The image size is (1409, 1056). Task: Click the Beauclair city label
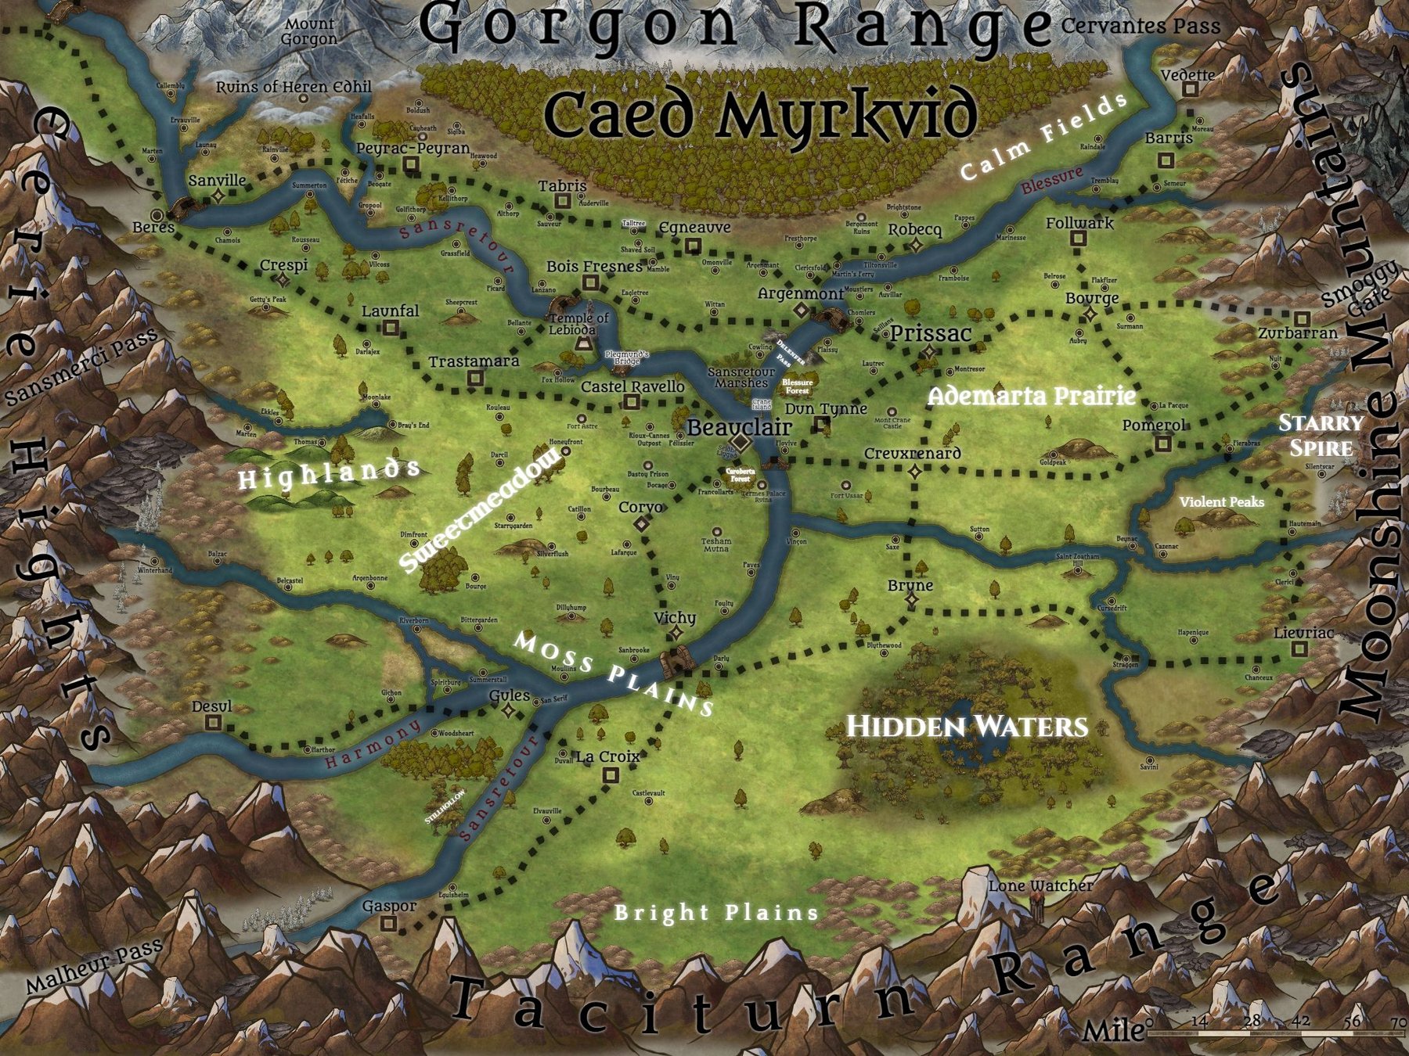[x=739, y=428]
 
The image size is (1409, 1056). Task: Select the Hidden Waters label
[x=967, y=727]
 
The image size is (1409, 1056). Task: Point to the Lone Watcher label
[x=1040, y=886]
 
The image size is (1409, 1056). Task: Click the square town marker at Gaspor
[x=388, y=923]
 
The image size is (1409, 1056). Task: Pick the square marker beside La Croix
[x=610, y=775]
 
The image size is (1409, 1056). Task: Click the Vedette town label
[x=1187, y=76]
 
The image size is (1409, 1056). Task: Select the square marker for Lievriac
[x=1299, y=649]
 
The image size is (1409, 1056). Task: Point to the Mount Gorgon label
[x=309, y=32]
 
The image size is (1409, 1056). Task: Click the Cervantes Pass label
[x=1141, y=26]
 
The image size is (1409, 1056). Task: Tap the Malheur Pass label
[x=94, y=968]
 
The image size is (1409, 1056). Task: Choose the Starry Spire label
[x=1321, y=435]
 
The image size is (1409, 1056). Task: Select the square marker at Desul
[x=212, y=723]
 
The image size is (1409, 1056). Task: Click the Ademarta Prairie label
[x=1031, y=397]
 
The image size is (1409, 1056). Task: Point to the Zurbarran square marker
[x=1302, y=319]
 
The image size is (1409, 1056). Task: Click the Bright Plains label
[x=716, y=912]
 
